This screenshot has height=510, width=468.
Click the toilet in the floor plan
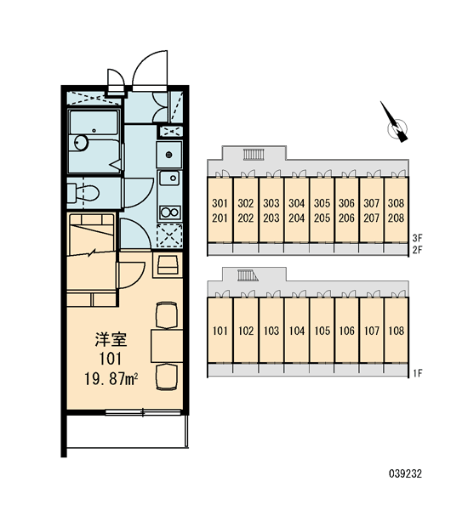[x=83, y=193]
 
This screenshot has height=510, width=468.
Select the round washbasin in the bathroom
[x=81, y=143]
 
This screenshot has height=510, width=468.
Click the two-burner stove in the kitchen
[x=169, y=212]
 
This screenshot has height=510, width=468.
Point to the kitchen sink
[x=169, y=178]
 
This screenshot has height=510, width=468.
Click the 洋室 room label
[x=111, y=339]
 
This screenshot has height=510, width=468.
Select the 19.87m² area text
[x=111, y=379]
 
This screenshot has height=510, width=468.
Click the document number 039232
[x=405, y=473]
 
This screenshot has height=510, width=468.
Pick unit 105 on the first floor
[x=322, y=331]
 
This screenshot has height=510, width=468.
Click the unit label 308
[x=396, y=203]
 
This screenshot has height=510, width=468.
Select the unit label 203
[x=271, y=218]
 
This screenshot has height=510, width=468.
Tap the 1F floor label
[x=417, y=373]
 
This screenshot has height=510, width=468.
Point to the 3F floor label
[x=417, y=238]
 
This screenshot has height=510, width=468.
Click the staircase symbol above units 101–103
[x=248, y=275]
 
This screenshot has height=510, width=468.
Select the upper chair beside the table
[x=167, y=315]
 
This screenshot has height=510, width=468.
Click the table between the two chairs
[x=167, y=346]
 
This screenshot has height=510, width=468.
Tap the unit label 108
[x=396, y=331]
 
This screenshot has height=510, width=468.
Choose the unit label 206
[x=346, y=218]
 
